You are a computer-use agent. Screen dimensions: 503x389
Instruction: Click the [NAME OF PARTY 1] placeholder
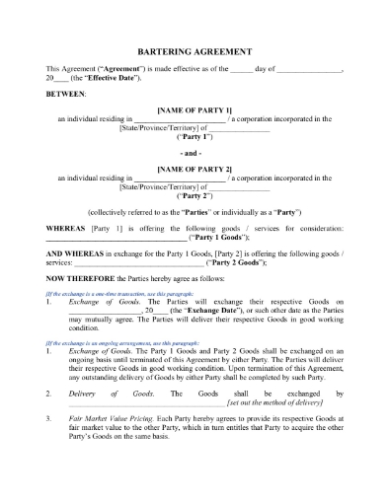pos(194,109)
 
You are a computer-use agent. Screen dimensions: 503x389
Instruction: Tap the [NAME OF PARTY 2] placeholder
pos(194,170)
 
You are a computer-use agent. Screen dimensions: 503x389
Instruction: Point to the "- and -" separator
pos(194,154)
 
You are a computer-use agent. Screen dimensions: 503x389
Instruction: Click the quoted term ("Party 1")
pos(194,137)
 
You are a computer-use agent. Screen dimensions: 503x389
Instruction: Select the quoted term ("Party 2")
pos(194,196)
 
